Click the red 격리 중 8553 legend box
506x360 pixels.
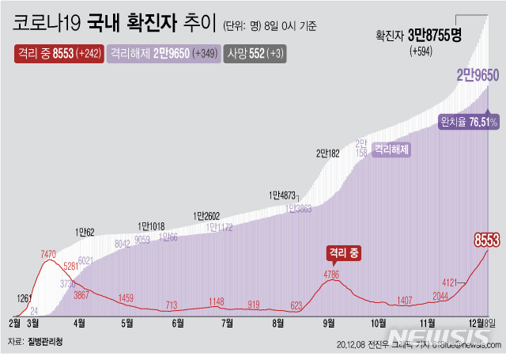tap(57, 54)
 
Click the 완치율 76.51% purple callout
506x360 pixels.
tap(468, 122)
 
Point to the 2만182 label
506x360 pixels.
tap(327, 153)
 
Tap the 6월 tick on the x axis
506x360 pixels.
tap(177, 323)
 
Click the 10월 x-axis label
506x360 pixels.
tap(377, 323)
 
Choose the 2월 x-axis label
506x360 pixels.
tap(14, 323)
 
